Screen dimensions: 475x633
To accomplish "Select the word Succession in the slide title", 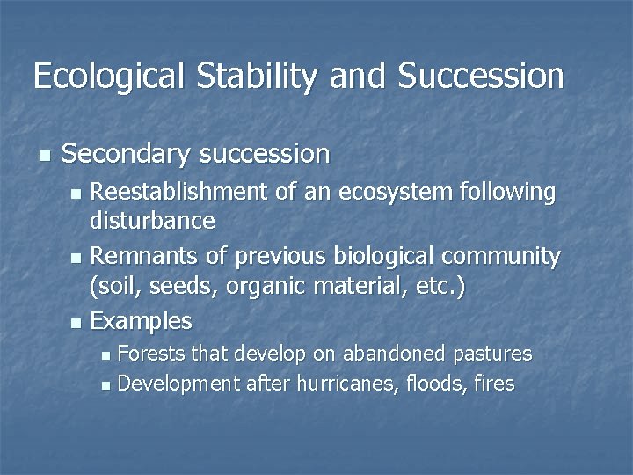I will tap(480, 77).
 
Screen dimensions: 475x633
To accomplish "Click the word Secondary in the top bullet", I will tap(127, 155).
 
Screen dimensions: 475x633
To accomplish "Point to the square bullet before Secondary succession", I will tap(44, 156).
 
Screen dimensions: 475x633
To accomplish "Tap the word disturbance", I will tap(152, 220).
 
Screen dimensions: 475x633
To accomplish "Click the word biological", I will tap(386, 257).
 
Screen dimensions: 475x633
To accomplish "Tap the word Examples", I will tap(141, 321).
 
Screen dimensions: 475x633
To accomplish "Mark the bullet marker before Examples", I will tap(76, 323).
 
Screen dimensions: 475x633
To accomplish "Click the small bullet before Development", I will tap(106, 385).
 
